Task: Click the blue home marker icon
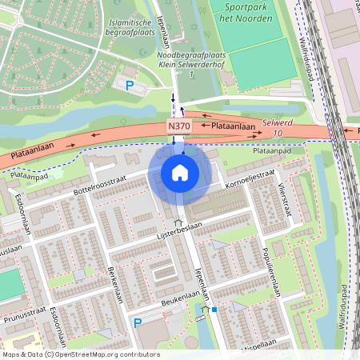(x=180, y=173)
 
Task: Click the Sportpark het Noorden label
(x=243, y=12)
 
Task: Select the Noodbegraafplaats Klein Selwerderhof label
(x=192, y=59)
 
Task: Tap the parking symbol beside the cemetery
(x=127, y=84)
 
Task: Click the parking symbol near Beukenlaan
(x=138, y=323)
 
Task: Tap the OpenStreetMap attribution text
(x=81, y=354)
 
